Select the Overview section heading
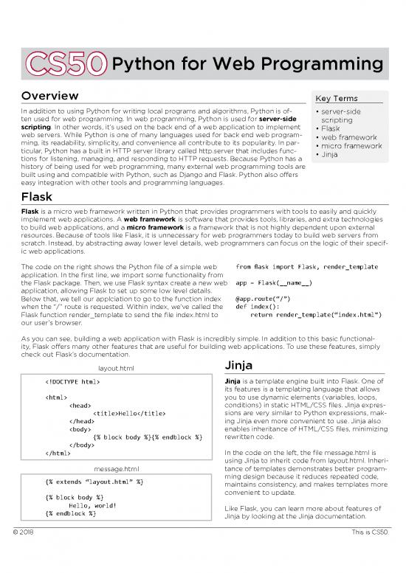pyautogui.click(x=50, y=97)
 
